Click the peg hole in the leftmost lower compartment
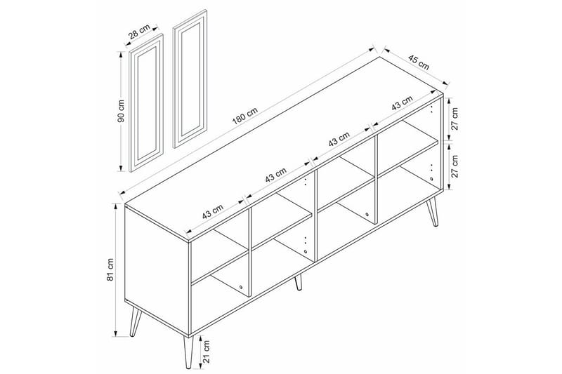[240, 286]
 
